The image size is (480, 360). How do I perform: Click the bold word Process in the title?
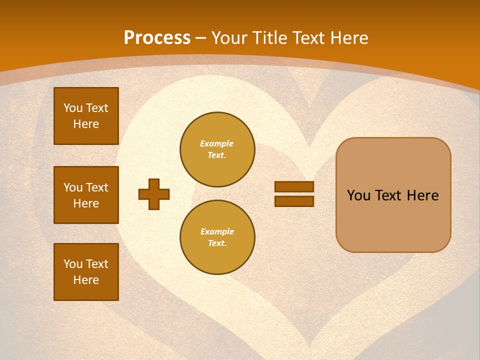[157, 37]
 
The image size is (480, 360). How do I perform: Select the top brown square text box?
[86, 116]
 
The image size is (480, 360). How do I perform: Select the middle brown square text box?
[86, 195]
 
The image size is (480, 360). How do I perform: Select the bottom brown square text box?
[86, 272]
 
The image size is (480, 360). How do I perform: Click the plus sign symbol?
[154, 194]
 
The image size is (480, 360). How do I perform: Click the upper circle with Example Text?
[217, 149]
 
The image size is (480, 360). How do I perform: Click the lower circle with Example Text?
[217, 237]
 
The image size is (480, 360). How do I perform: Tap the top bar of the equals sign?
[294, 187]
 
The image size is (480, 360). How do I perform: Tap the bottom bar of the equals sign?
[294, 201]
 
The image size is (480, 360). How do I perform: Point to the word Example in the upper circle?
[217, 143]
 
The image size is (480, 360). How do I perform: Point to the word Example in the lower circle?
[217, 231]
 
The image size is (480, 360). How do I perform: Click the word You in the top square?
[73, 108]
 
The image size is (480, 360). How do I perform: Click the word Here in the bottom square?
[86, 280]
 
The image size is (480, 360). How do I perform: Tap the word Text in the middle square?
[96, 187]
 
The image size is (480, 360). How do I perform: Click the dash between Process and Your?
[201, 38]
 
